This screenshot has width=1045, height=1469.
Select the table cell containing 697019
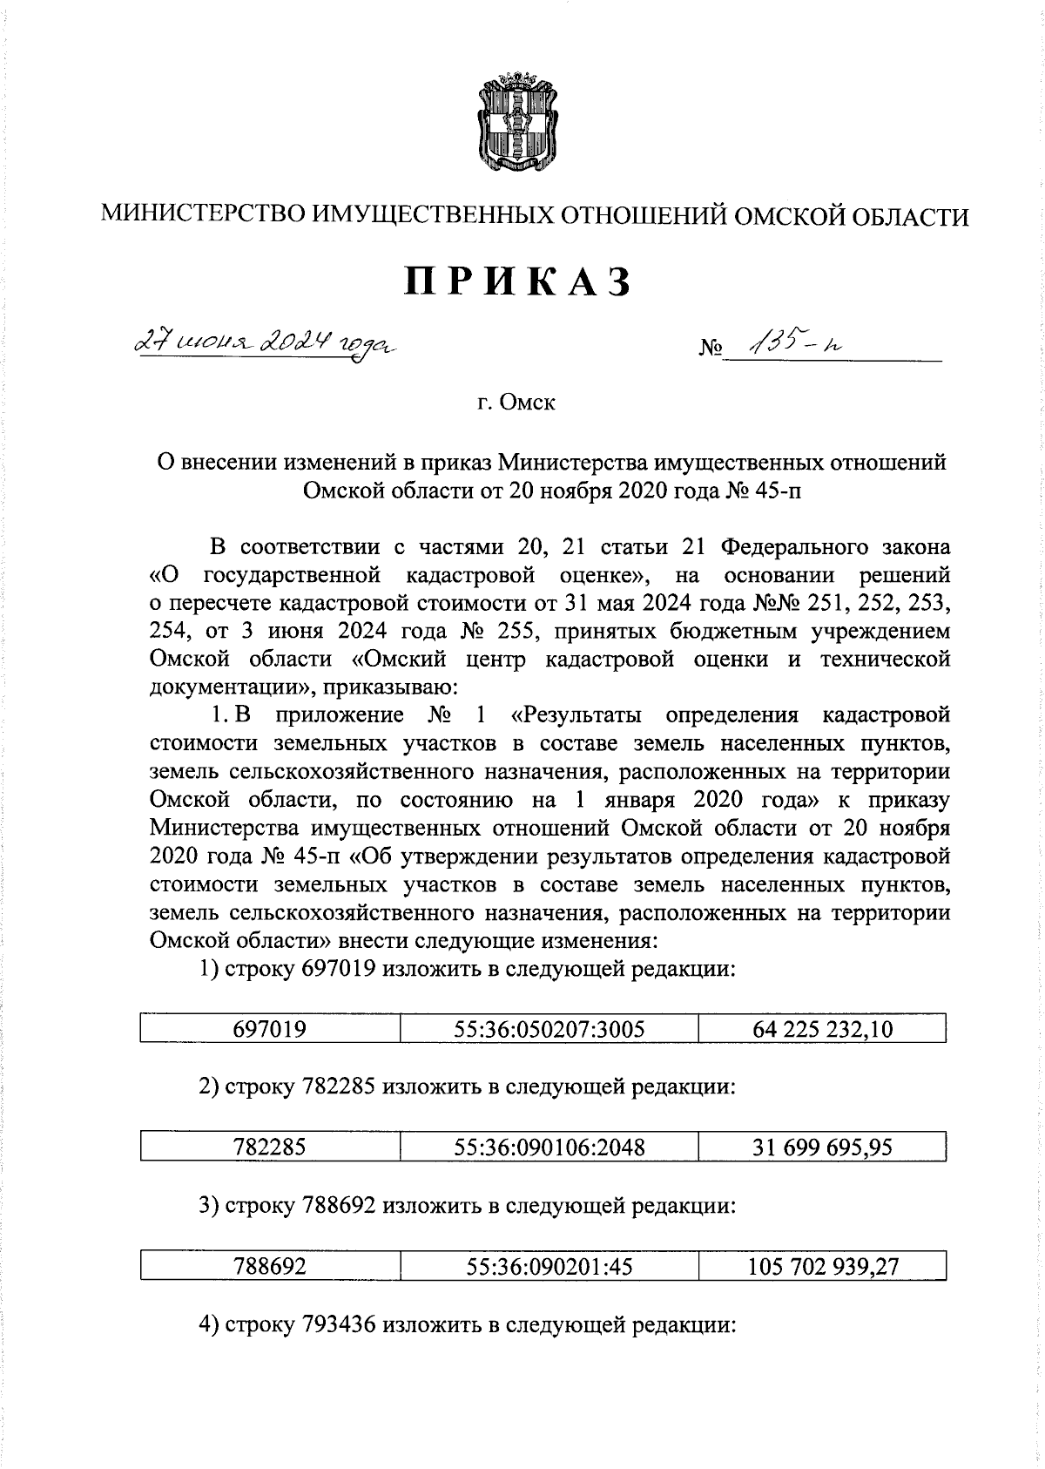point(270,1029)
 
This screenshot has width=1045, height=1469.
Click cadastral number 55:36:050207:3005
point(549,1029)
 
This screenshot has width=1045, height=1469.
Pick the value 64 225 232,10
point(822,1029)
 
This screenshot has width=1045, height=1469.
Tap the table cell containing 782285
point(270,1147)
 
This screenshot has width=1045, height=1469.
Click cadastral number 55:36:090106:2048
point(549,1147)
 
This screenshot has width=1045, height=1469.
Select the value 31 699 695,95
point(822,1147)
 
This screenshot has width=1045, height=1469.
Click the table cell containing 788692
point(270,1266)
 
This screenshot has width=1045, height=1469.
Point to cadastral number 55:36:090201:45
point(549,1266)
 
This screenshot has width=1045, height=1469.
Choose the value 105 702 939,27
point(822,1266)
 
